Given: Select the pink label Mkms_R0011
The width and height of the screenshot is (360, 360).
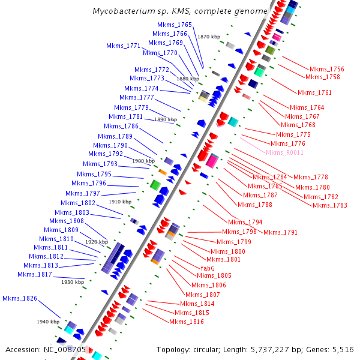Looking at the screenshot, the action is coord(284,152).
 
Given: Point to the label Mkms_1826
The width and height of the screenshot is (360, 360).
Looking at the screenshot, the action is coord(20,298).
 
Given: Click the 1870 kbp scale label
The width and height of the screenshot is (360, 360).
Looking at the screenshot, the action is coord(208,37).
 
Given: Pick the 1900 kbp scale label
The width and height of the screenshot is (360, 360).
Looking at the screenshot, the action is coord(143,161).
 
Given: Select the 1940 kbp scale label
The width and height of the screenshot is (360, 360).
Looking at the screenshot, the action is coord(47,322).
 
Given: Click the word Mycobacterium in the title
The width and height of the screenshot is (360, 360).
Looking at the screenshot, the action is coord(120,11).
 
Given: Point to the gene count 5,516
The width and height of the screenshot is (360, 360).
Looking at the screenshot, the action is coord(342,349).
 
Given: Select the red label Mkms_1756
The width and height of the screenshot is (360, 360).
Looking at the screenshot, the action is coord(326,69).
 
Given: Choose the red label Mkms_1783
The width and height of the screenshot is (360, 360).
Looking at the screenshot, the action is coord(330,205).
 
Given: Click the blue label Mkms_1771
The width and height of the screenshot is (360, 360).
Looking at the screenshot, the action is coord(123,46).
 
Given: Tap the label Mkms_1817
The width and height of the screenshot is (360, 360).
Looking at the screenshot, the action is coord(34,274).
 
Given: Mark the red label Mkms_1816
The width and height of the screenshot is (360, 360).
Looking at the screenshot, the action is coord(186,322).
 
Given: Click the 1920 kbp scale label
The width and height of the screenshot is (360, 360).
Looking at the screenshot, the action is coord(97,241).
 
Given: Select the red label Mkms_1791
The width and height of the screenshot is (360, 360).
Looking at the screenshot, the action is coord(280,232).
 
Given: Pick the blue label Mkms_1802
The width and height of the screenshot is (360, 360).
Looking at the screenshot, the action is coord(78,203).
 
